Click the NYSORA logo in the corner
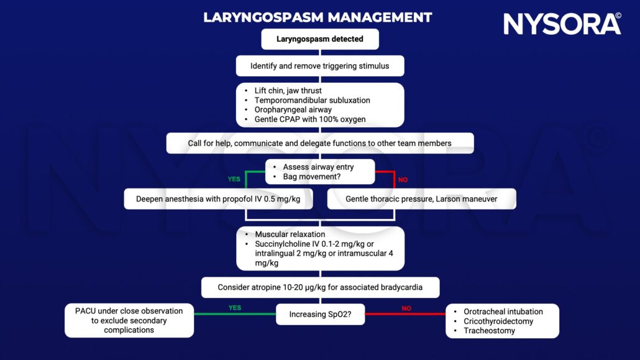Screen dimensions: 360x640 coord(562,24)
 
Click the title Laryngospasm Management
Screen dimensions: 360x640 coord(318,17)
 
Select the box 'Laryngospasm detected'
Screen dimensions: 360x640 coord(320,39)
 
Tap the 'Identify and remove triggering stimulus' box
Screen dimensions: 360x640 coord(320,65)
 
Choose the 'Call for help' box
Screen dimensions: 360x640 coord(320,143)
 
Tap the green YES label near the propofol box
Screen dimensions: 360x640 coord(234,180)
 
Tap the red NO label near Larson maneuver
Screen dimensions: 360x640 coord(403,180)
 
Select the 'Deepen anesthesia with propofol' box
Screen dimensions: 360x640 coord(218,199)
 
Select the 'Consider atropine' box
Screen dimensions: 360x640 coord(320,287)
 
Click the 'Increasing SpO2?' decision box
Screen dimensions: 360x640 coord(320,315)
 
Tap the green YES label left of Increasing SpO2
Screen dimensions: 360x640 coord(234,307)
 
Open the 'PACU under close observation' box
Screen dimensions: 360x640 coord(129,320)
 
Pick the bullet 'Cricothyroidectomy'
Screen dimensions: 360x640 coord(498,321)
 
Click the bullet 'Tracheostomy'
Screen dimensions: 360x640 coord(490,331)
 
